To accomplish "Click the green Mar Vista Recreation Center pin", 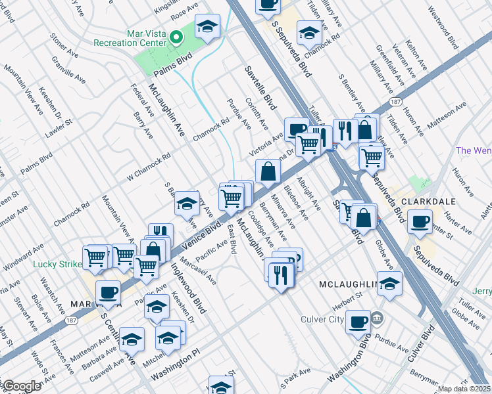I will tap(176, 37).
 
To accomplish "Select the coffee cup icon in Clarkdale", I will tap(420, 222).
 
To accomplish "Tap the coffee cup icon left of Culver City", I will tap(358, 321).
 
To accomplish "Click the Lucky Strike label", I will tap(57, 265).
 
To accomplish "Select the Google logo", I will tap(22, 386).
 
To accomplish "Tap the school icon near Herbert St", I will tap(389, 284).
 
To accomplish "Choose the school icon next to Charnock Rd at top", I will tap(309, 32).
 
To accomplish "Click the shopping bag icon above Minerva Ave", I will tap(268, 172).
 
